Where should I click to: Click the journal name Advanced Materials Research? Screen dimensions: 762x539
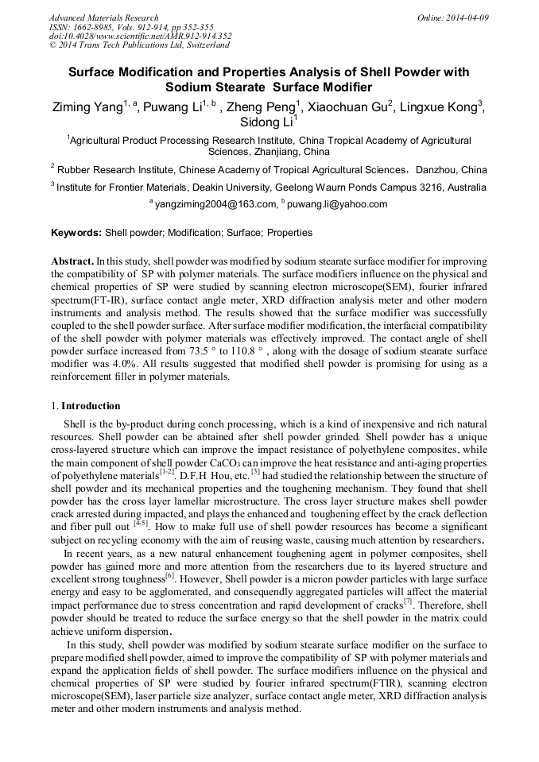pyautogui.click(x=103, y=17)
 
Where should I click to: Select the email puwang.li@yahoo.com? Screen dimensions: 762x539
pyautogui.click(x=337, y=204)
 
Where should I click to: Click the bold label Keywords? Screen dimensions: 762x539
pyautogui.click(x=76, y=233)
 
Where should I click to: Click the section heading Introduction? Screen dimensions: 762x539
pyautogui.click(x=91, y=406)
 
